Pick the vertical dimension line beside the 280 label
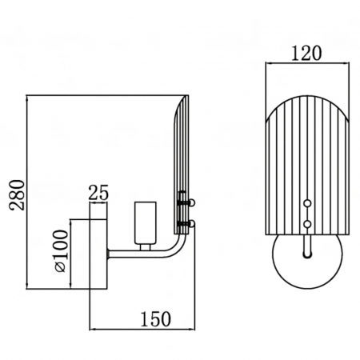27,192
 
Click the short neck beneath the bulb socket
144,247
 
